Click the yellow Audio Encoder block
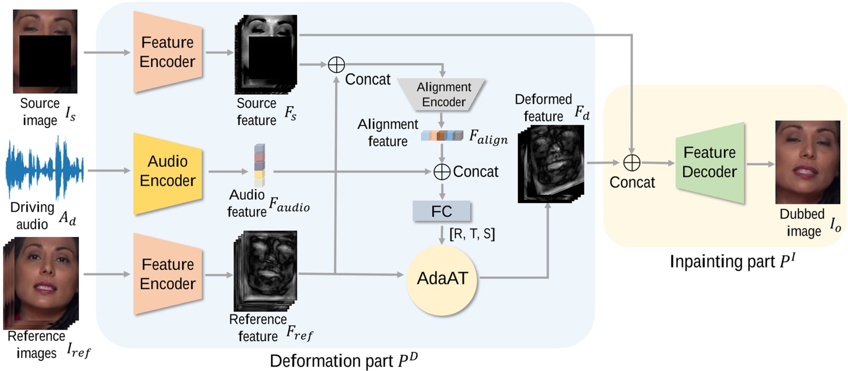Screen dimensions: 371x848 point(168,171)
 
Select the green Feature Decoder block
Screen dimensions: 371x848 point(709,163)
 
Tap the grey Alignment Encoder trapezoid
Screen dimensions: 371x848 point(442,94)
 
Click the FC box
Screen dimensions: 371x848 point(441,211)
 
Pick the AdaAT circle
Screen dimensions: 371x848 point(442,279)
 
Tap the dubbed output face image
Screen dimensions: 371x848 point(807,162)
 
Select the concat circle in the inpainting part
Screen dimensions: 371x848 point(631,162)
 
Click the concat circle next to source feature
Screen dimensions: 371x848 point(336,64)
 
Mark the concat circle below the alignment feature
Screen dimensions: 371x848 point(442,171)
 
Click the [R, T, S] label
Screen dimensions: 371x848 point(472,234)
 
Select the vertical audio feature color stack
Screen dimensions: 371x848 point(260,165)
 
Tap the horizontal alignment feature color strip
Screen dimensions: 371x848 point(442,136)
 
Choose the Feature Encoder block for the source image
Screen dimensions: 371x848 point(168,52)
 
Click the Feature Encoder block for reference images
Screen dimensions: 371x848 point(168,274)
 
